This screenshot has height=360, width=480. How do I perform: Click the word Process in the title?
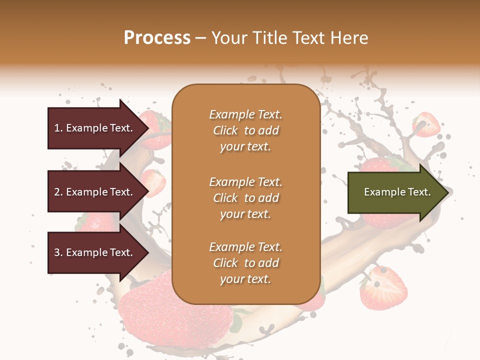coord(157,38)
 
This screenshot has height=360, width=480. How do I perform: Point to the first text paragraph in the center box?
coord(245,130)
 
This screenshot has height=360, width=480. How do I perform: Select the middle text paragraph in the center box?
coord(245,198)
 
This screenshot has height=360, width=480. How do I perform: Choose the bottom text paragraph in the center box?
coord(245,263)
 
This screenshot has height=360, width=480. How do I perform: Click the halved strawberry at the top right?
coord(426,124)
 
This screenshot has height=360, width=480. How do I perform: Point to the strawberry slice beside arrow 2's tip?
coord(155,182)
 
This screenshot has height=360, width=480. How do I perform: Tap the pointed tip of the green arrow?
coord(446,192)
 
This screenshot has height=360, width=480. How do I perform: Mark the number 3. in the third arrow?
coord(58,252)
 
